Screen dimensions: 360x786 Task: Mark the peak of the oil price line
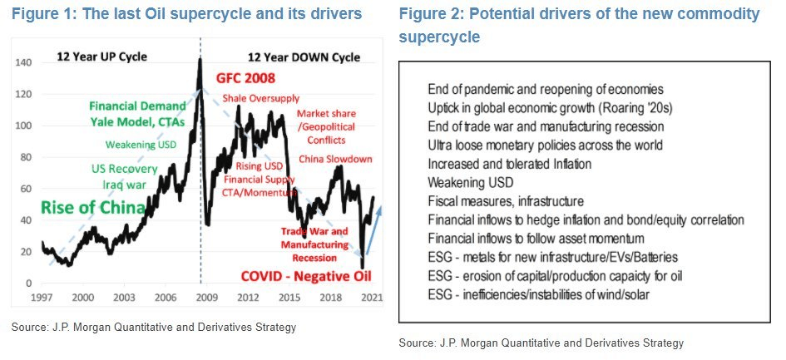tap(200, 60)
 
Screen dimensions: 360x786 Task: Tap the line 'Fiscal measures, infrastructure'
tap(505, 202)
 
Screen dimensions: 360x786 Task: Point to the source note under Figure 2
tap(541, 343)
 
